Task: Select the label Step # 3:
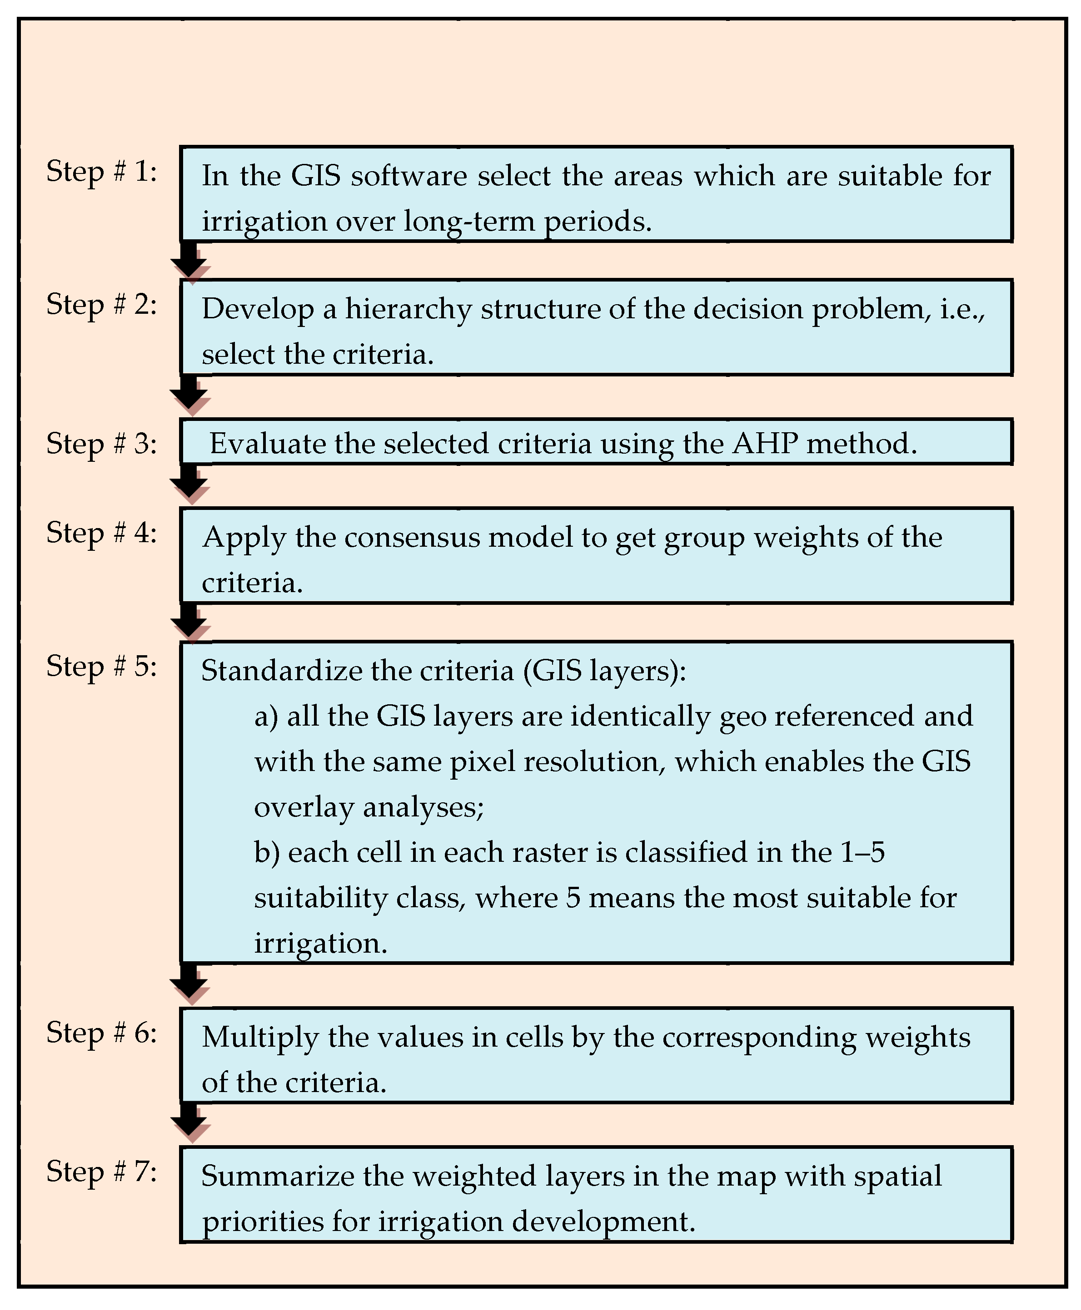click(x=101, y=444)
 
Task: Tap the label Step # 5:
click(x=101, y=667)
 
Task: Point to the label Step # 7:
click(x=101, y=1172)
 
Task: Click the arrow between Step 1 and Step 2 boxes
click(x=189, y=262)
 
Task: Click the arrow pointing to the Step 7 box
click(x=189, y=1123)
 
